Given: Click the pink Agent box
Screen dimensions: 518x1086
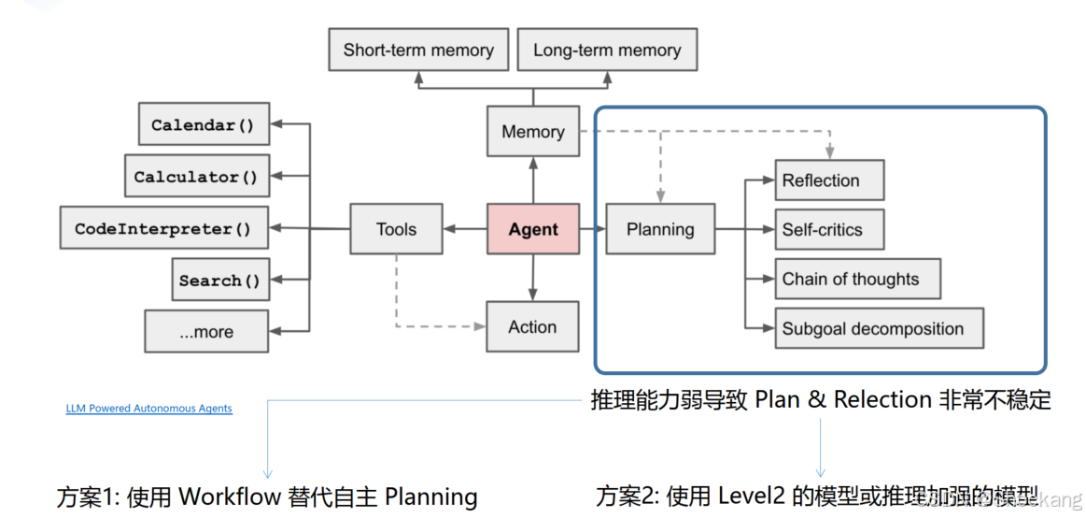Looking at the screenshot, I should point(533,229).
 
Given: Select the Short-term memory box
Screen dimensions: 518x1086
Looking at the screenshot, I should point(418,50).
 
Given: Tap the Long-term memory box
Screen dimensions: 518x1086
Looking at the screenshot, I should point(607,50).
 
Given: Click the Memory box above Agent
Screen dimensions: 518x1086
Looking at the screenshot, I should point(533,132).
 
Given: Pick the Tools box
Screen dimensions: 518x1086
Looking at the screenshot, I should point(396,229).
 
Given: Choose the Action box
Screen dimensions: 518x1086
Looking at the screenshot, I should point(532,327).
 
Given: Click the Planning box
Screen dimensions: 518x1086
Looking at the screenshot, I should point(660,229).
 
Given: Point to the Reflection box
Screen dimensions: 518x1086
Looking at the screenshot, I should point(829,180).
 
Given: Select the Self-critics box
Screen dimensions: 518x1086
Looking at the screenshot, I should point(829,229).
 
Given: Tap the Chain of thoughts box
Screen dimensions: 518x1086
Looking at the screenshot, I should point(857,279).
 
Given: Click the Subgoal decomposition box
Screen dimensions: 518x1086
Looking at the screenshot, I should point(879,328).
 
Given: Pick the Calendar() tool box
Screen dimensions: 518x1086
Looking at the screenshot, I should point(204,124).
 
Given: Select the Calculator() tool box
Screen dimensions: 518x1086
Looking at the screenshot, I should point(196,177).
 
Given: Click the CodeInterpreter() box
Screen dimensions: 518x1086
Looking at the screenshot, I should point(163,229).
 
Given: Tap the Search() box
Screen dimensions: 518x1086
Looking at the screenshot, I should point(219,281).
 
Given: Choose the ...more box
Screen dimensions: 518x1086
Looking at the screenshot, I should point(206,332).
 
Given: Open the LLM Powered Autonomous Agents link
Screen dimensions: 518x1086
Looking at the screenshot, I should point(148,409).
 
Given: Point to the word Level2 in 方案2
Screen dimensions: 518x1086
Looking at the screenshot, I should point(752,496).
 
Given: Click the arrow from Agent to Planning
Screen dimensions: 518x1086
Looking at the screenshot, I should point(592,229).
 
